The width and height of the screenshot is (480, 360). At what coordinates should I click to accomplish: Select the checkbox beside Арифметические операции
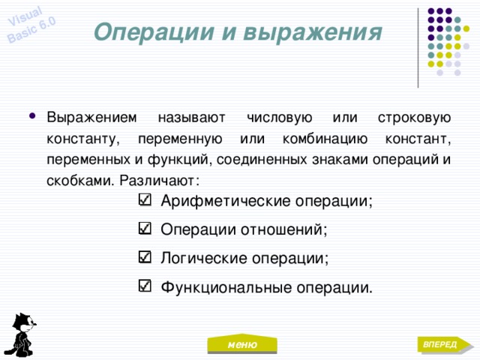[x=145, y=199]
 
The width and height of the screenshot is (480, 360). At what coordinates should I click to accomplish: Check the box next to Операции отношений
[x=145, y=228]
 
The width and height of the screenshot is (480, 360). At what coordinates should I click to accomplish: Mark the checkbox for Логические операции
[x=145, y=257]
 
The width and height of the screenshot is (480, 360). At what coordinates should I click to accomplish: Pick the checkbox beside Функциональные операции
[x=145, y=286]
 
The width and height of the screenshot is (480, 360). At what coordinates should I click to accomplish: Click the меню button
[x=242, y=343]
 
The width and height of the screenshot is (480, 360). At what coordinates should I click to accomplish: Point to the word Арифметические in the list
[x=225, y=201]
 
